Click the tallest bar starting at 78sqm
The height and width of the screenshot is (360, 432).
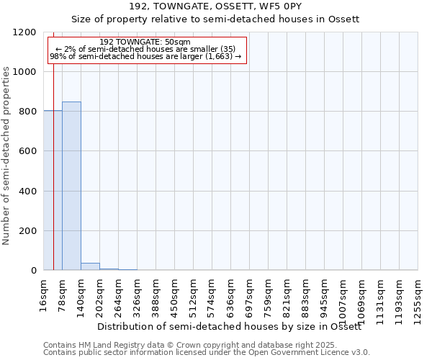pos(71,186)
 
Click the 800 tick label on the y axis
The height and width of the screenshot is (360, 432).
pos(28,112)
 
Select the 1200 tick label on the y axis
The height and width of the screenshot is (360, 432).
pos(25,32)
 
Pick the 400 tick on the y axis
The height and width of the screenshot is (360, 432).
pos(28,191)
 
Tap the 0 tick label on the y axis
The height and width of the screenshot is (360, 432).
pos(34,271)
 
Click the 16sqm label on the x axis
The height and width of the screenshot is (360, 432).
pos(43,294)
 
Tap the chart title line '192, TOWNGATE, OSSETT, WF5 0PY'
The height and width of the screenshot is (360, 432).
pos(215,6)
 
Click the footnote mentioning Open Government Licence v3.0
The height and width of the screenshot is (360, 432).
pos(207,353)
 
